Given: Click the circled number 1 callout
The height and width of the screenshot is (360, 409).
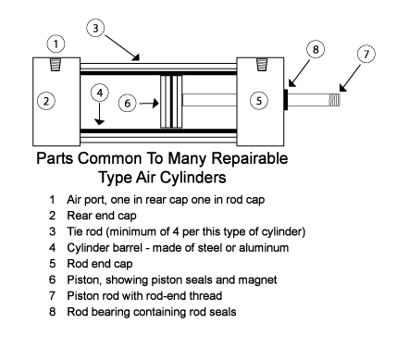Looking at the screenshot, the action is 56,43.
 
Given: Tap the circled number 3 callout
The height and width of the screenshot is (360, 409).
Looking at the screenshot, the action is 95,28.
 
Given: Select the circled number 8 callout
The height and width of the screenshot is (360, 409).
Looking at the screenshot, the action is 316,49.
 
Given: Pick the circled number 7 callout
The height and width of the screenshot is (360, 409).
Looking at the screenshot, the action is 366,54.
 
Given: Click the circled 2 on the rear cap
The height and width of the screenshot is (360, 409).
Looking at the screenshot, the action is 46,101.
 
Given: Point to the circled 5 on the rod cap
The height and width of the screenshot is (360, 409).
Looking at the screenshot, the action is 258,101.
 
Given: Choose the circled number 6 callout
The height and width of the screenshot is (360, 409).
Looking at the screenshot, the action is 128,103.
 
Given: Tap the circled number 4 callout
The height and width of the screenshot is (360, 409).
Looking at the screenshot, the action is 100,93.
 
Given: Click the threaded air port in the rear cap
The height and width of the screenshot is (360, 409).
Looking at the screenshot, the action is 56,65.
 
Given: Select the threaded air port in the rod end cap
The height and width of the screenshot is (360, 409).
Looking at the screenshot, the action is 262,65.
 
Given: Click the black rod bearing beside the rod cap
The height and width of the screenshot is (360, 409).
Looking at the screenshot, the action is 286,99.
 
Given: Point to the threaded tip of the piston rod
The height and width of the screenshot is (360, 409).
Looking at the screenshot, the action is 334,100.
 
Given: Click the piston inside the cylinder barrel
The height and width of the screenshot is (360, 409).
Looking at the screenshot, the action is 171,102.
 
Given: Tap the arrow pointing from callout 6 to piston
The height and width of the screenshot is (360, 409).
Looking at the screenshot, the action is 149,104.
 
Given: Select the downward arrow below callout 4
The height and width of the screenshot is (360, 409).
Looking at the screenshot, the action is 99,114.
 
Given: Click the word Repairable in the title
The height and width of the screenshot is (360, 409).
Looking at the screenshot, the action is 250,158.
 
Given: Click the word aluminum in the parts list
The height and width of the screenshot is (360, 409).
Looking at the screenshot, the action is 264,247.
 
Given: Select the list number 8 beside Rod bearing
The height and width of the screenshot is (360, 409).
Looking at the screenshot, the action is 53,312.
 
